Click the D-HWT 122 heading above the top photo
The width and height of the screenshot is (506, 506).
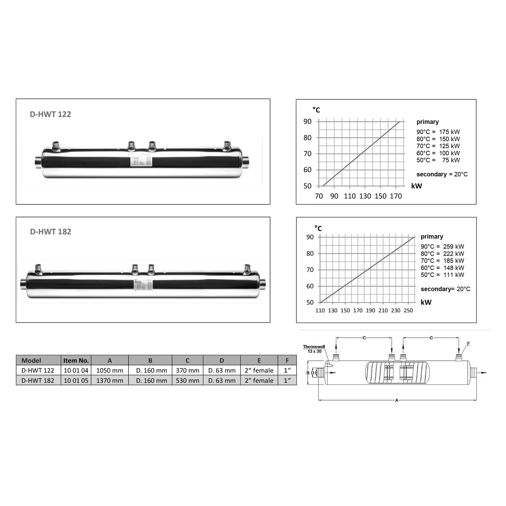51,114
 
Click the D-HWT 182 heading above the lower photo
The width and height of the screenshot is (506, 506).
51,232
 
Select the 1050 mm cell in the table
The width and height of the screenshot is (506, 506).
110,370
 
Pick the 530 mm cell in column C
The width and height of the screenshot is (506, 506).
188,381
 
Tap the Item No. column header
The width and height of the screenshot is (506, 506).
76,360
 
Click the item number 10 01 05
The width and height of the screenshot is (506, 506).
76,381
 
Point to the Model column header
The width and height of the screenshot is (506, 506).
31,360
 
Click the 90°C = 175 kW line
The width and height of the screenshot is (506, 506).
438,132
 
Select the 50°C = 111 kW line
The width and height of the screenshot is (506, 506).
442,275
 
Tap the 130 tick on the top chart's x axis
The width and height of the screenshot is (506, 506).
365,196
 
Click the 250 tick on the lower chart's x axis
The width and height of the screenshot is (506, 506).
408,310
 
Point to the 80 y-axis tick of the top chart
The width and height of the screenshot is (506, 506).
307,138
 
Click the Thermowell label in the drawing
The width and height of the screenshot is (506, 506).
314,347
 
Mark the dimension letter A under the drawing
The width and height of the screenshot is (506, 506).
397,400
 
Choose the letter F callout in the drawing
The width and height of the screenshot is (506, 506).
468,344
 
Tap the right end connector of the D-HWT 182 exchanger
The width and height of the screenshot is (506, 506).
262,283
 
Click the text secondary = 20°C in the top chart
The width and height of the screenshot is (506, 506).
442,174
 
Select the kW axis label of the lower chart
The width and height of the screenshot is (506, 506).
426,302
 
